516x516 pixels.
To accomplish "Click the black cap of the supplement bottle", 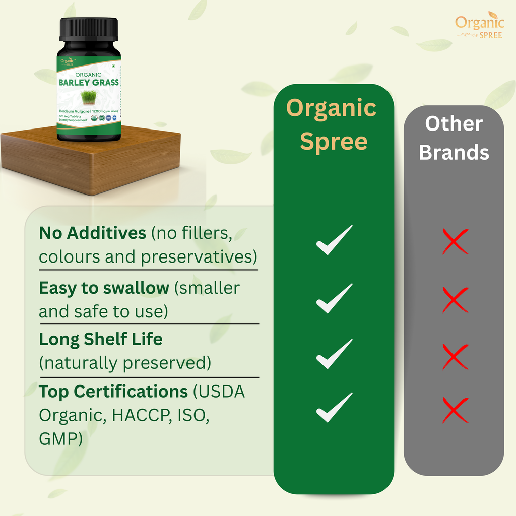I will point(89,30).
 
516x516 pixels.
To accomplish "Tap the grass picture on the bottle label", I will point(89,97).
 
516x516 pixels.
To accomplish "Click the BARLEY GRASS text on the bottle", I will point(89,82).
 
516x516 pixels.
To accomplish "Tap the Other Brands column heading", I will point(454,138).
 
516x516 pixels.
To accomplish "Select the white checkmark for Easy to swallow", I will point(334,298).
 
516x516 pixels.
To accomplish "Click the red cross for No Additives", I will point(455,241).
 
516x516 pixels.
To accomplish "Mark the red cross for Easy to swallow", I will point(455,300).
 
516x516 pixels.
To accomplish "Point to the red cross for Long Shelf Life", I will point(455,356).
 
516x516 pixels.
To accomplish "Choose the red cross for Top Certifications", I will point(455,410).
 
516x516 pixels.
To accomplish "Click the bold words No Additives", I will point(92,233).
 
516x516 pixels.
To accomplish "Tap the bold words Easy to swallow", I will point(104,288).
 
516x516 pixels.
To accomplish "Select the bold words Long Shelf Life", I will point(101,339).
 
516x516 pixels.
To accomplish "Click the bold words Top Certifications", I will point(113,391).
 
